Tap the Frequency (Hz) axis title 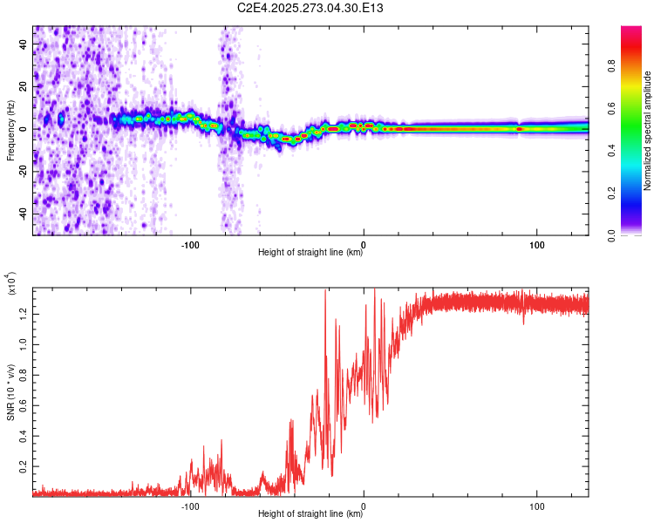[10, 130]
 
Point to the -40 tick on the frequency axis [24, 214]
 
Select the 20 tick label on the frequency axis [24, 86]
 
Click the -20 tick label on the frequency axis [23, 172]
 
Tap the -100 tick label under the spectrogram [191, 245]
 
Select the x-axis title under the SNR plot [310, 514]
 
